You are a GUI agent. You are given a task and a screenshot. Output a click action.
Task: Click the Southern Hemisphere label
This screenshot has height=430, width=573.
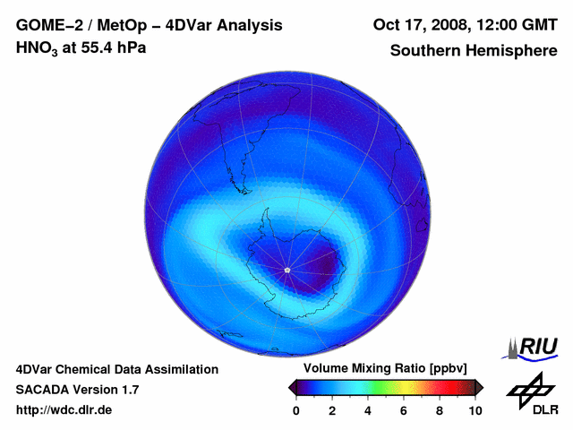coord(473,51)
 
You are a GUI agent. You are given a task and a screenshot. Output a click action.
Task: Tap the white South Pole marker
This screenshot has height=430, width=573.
coord(286,270)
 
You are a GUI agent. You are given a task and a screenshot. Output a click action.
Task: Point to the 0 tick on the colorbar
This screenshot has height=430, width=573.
coord(296,410)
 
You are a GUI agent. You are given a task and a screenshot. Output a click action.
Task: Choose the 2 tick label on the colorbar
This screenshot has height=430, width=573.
coord(331,410)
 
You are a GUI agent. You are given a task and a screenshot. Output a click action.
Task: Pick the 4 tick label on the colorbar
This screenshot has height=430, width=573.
coord(367,410)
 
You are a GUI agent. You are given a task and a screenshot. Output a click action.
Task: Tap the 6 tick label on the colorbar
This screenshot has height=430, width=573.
coord(403,410)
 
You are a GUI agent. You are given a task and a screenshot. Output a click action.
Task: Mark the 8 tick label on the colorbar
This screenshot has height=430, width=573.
coord(439,410)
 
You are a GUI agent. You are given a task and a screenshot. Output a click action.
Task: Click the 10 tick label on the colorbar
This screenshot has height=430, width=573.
coord(475,410)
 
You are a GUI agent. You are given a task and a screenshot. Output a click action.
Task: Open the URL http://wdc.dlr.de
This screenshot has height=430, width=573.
coord(64,410)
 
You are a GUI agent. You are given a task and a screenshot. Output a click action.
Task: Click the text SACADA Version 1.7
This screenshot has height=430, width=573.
coord(77,390)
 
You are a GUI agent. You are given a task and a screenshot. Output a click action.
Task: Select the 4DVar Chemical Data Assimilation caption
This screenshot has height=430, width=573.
coord(116,369)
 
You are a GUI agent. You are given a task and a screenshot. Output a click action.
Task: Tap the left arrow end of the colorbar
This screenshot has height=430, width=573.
coord(293,387)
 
